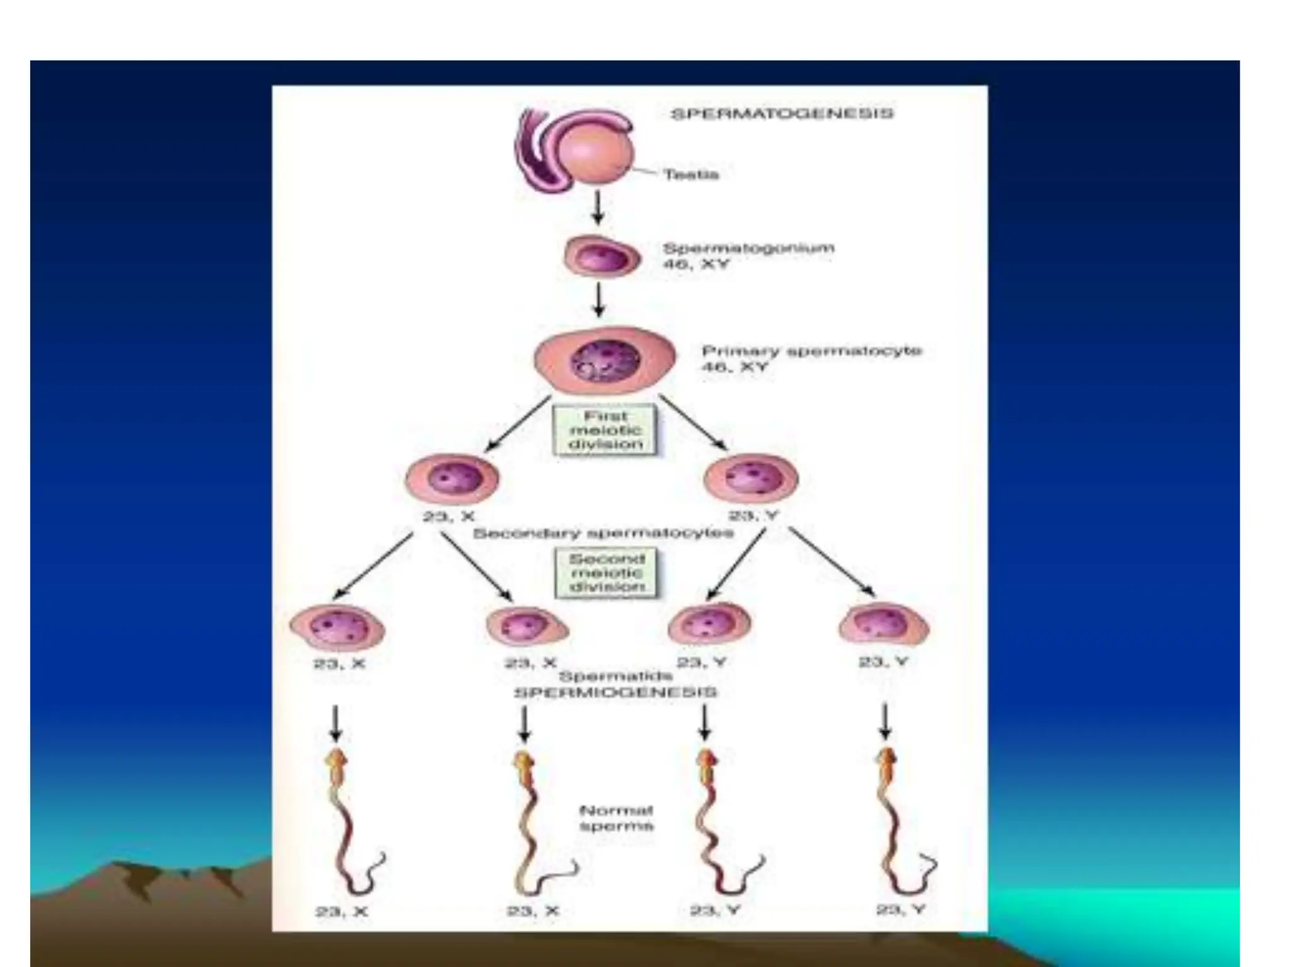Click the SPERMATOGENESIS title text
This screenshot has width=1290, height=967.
pos(781,114)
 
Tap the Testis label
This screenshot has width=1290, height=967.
pos(690,174)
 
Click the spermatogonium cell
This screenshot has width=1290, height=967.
pos(602,257)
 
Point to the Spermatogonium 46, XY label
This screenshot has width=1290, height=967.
pos(748,256)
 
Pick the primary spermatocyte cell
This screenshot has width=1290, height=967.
pos(605,360)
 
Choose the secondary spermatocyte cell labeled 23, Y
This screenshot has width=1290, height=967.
pos(751,478)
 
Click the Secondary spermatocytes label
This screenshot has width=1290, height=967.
pos(603,534)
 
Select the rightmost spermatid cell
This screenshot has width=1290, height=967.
pos(884,625)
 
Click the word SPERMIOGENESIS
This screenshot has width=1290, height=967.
pos(615,693)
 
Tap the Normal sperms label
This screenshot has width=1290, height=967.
pos(615,818)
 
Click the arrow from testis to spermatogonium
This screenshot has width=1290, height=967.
pos(598,207)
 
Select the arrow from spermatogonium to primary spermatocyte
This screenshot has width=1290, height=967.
pos(599,300)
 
